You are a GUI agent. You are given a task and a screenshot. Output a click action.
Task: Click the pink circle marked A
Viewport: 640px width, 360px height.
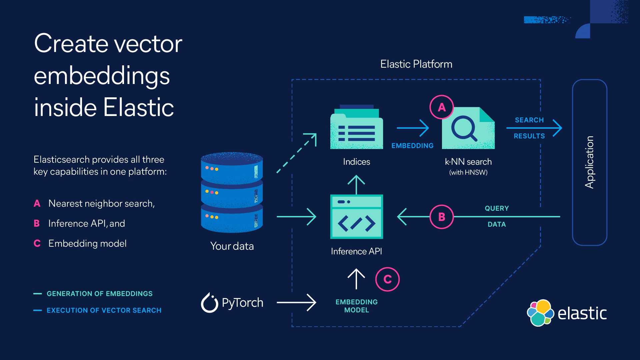click(442, 107)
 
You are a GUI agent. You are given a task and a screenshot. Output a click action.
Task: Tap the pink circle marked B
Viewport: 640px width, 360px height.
click(442, 217)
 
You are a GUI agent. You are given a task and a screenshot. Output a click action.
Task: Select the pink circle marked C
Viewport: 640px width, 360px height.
click(387, 279)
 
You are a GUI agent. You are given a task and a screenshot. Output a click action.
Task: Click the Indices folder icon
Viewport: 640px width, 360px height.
click(356, 128)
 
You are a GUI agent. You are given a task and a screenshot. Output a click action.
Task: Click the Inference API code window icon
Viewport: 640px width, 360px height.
click(356, 217)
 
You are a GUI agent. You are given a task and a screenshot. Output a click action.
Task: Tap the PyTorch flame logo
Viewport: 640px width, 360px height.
click(209, 303)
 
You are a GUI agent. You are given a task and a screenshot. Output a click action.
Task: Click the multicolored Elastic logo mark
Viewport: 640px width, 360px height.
click(540, 313)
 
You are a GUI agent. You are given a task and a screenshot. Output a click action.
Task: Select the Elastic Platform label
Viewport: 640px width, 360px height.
click(416, 64)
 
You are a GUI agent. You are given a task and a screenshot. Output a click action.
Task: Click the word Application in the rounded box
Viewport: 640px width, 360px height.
click(589, 162)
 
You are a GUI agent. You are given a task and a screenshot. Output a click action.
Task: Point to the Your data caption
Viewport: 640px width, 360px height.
click(232, 246)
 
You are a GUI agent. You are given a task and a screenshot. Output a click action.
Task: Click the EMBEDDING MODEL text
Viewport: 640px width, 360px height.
click(356, 306)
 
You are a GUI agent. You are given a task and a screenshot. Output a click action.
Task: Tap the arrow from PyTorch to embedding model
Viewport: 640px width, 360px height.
click(296, 303)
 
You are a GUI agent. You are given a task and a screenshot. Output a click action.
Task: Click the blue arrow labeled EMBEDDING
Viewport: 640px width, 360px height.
click(413, 128)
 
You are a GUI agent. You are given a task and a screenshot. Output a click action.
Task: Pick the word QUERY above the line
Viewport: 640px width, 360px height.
click(497, 208)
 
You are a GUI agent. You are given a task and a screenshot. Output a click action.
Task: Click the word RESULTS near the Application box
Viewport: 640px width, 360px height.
click(529, 136)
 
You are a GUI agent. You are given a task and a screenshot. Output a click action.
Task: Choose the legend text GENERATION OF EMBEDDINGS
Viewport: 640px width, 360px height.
click(99, 294)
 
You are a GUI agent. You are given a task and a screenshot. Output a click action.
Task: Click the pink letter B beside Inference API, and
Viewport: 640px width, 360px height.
click(37, 223)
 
